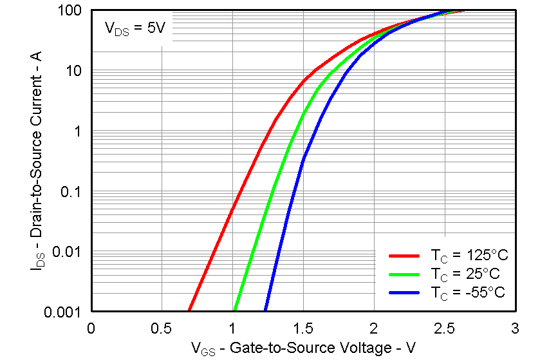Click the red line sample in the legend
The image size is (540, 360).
[x=404, y=254]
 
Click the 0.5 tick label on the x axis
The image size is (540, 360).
[x=162, y=328]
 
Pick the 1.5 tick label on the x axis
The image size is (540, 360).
[x=303, y=328]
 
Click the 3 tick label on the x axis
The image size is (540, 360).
[x=515, y=328]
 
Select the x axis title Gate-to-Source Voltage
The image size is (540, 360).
[x=303, y=348]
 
